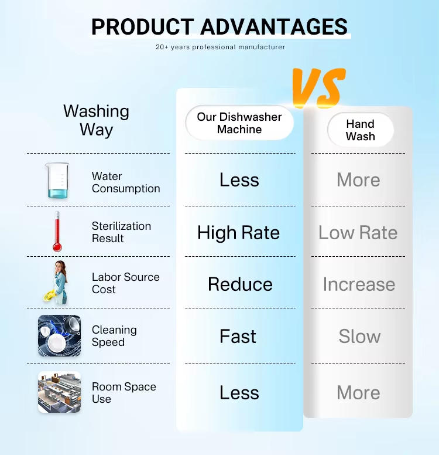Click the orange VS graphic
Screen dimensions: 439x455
click(318, 87)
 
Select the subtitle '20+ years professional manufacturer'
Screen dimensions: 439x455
click(220, 47)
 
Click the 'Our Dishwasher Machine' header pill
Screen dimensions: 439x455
click(239, 123)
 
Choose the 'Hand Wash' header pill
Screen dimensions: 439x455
click(361, 130)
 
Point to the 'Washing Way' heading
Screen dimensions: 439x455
click(96, 120)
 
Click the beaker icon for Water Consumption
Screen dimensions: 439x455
click(57, 181)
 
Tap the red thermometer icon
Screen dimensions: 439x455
click(57, 231)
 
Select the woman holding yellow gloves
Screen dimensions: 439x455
click(57, 283)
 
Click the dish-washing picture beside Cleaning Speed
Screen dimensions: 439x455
click(59, 335)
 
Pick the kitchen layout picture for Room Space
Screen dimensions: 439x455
click(59, 392)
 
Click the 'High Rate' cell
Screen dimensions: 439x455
click(238, 233)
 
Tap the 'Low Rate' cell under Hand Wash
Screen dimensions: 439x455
click(358, 232)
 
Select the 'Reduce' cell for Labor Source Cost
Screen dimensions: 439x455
click(240, 284)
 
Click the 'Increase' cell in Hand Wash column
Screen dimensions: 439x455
click(359, 284)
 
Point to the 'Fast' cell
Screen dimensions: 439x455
click(238, 337)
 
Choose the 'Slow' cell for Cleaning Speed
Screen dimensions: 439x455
click(359, 337)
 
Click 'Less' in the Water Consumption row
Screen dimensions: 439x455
click(239, 179)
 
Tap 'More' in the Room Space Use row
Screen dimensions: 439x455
click(358, 392)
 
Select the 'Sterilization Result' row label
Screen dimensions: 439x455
click(121, 232)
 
